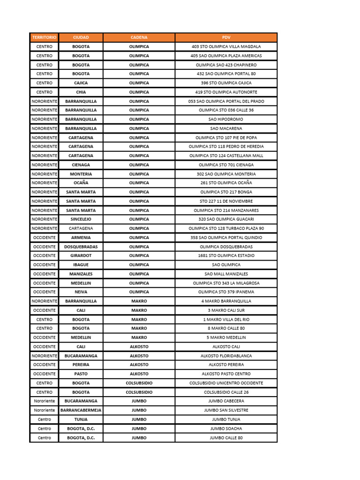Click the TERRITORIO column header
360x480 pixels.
click(44, 37)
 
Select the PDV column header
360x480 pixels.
click(226, 37)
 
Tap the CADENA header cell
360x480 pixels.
click(139, 37)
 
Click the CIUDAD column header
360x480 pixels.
click(81, 37)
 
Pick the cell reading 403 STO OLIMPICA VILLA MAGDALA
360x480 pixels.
click(226, 47)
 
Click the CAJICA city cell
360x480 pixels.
click(81, 83)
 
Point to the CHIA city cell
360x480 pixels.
click(81, 92)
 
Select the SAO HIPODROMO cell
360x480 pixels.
click(226, 120)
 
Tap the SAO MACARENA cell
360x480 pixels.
click(226, 128)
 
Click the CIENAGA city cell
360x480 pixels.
click(81, 165)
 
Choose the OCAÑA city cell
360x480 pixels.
click(81, 183)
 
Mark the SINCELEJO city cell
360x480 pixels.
click(81, 219)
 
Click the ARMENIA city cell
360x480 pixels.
click(81, 238)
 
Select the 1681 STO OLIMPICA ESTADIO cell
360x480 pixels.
click(226, 255)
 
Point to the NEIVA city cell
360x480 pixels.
click(81, 292)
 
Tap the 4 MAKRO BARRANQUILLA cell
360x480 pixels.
click(226, 301)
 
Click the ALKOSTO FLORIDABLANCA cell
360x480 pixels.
click(226, 356)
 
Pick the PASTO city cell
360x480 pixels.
click(81, 374)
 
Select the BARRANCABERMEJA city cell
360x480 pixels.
click(81, 410)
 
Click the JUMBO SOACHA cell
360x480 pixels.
click(226, 428)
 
